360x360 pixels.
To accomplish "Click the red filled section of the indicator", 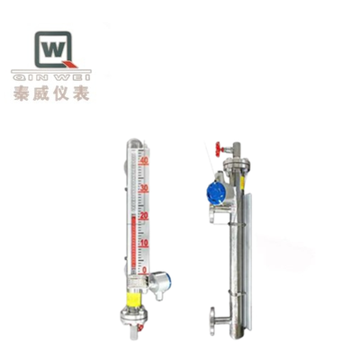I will [x=133, y=243].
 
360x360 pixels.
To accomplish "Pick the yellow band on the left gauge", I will [x=133, y=296].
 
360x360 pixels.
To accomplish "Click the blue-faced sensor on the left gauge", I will [x=154, y=279].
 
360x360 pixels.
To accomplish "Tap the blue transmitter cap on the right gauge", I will [x=213, y=192].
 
